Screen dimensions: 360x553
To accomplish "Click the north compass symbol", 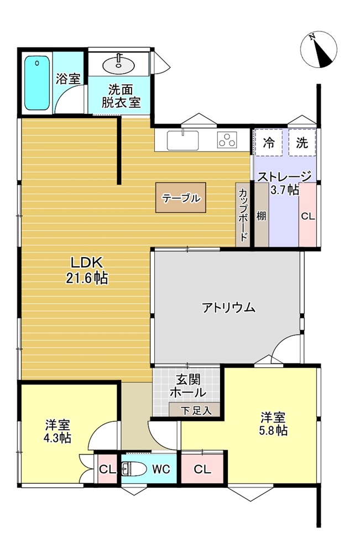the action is pyautogui.click(x=319, y=49).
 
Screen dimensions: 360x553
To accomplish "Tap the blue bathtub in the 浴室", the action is pyautogui.click(x=37, y=84).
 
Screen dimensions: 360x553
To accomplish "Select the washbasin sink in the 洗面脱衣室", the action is pyautogui.click(x=118, y=64).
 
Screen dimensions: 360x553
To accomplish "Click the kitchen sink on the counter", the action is pyautogui.click(x=182, y=140).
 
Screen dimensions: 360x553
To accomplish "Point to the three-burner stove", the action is pyautogui.click(x=227, y=140).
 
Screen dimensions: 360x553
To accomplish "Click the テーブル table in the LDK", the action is pyautogui.click(x=181, y=197).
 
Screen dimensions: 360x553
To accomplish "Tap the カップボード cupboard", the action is pyautogui.click(x=243, y=215).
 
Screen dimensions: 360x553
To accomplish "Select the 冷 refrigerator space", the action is pyautogui.click(x=268, y=143).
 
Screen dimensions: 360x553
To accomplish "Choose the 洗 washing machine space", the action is pyautogui.click(x=302, y=143).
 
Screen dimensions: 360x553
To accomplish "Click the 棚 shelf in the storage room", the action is pyautogui.click(x=261, y=215).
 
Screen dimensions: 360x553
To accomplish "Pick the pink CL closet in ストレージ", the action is pyautogui.click(x=307, y=215).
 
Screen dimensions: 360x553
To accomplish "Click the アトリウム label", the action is pyautogui.click(x=228, y=307).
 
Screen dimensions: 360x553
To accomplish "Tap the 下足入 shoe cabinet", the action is pyautogui.click(x=195, y=410).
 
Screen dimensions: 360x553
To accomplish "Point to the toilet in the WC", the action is pyautogui.click(x=134, y=469).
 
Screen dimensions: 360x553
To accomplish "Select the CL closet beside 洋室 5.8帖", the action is pyautogui.click(x=202, y=469).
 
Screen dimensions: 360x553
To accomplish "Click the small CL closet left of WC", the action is pyautogui.click(x=107, y=469).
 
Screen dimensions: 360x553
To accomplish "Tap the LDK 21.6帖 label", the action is pyautogui.click(x=87, y=270).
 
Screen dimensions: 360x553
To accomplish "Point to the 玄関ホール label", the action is pyautogui.click(x=188, y=386).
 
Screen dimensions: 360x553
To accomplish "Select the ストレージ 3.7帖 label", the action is pyautogui.click(x=285, y=183).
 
